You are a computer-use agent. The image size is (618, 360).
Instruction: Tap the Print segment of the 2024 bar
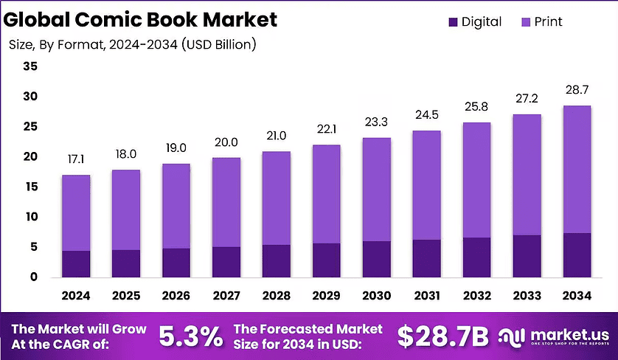(x=76, y=213)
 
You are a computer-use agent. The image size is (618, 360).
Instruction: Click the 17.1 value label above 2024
(x=76, y=159)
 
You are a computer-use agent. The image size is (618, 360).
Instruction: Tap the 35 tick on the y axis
(x=30, y=66)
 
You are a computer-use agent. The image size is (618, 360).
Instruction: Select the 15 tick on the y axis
(x=30, y=187)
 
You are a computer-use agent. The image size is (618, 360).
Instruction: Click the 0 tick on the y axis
(x=33, y=277)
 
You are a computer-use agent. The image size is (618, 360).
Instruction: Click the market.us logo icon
(x=510, y=336)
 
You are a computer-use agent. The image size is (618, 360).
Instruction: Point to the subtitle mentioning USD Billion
(x=133, y=45)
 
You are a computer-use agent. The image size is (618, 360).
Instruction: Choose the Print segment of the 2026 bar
(x=176, y=206)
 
